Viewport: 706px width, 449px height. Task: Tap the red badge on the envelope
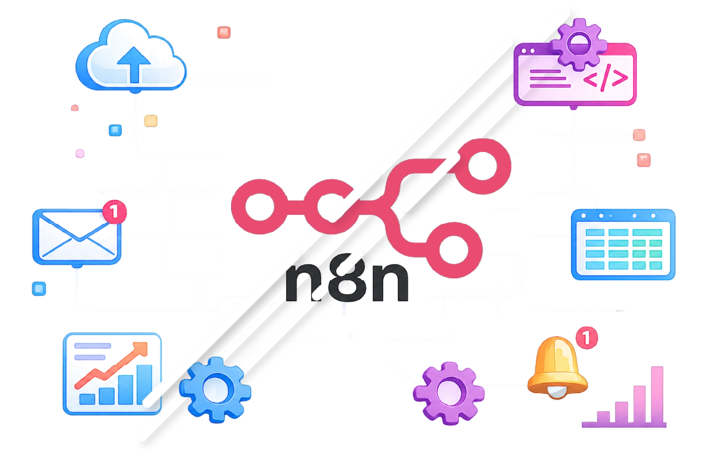coord(114,212)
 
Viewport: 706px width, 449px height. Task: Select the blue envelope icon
coord(77,237)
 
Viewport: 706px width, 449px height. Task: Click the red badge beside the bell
coord(587,337)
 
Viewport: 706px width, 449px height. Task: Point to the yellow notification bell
coord(557,368)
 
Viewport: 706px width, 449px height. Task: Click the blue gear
coord(215,389)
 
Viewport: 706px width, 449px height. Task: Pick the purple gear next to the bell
coord(449,393)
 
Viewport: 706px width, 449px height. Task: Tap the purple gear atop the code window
coord(578,44)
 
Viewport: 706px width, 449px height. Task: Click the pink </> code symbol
coord(605,78)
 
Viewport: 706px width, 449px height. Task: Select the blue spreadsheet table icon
coord(623,244)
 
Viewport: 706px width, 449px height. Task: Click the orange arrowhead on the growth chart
coord(141,350)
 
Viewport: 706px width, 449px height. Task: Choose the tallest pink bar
coord(657,394)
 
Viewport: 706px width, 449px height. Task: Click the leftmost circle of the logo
coord(259,207)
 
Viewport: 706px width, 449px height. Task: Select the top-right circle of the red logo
coord(483,166)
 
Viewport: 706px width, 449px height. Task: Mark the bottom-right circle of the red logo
coord(454,250)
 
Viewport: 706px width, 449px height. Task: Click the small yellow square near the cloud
coord(151,121)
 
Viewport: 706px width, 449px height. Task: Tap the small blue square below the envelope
coord(39,289)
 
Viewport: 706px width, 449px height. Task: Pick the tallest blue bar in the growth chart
coord(144,384)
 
